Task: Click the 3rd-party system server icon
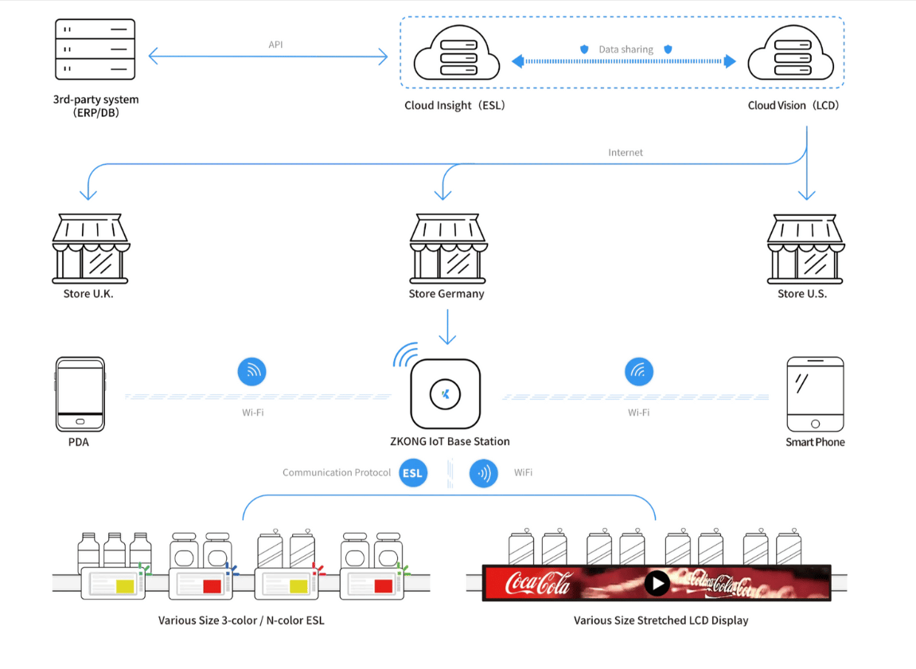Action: coord(95,49)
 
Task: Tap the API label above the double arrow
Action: coord(275,45)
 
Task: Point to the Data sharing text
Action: coord(626,49)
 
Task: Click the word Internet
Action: coord(626,152)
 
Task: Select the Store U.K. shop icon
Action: coord(90,248)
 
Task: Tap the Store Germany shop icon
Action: coord(447,248)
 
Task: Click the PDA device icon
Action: coord(80,394)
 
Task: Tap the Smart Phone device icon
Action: coord(815,394)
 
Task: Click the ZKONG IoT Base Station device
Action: coord(446,393)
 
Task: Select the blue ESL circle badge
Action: coord(412,473)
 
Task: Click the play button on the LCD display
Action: coord(657,584)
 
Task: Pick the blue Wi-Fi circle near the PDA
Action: coord(252,371)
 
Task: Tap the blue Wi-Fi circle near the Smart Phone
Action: coord(639,371)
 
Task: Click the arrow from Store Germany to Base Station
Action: coord(447,327)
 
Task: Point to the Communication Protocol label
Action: coord(337,473)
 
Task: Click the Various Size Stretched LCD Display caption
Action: coord(661,620)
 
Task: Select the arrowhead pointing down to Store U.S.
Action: coord(807,194)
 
